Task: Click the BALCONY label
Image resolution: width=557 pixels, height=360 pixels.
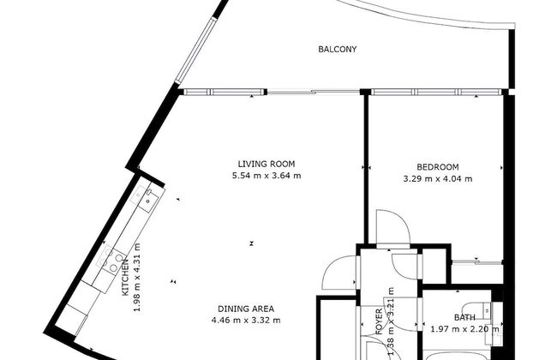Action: click(337, 49)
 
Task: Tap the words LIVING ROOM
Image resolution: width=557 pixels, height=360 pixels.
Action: click(267, 164)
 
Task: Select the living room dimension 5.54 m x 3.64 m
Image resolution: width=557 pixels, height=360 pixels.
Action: click(267, 176)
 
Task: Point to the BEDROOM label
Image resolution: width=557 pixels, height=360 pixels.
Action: click(438, 167)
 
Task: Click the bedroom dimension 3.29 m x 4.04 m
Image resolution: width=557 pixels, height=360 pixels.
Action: click(438, 179)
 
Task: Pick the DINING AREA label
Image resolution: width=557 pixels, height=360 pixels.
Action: click(246, 309)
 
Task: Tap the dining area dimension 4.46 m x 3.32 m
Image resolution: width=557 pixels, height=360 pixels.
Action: click(246, 321)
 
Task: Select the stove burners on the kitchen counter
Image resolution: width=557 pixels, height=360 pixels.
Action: click(112, 262)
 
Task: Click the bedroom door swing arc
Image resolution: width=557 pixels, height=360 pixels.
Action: click(391, 230)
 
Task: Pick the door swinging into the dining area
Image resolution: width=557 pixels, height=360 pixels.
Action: click(337, 275)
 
